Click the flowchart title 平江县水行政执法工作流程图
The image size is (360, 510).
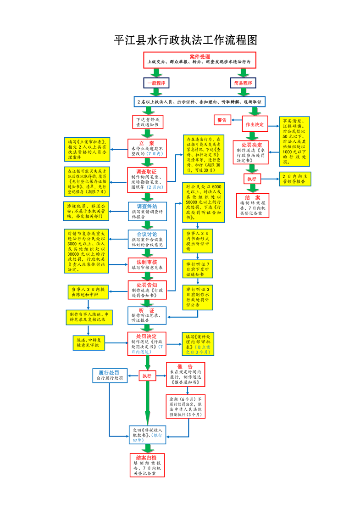point(185,40)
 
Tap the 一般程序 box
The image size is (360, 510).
point(155,83)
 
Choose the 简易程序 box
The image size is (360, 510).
point(243,83)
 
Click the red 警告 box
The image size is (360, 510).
point(222,120)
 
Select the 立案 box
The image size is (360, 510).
point(147,148)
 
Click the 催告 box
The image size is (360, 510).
point(185,374)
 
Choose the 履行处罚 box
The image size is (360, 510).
point(109,375)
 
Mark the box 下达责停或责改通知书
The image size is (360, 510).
point(147,121)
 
